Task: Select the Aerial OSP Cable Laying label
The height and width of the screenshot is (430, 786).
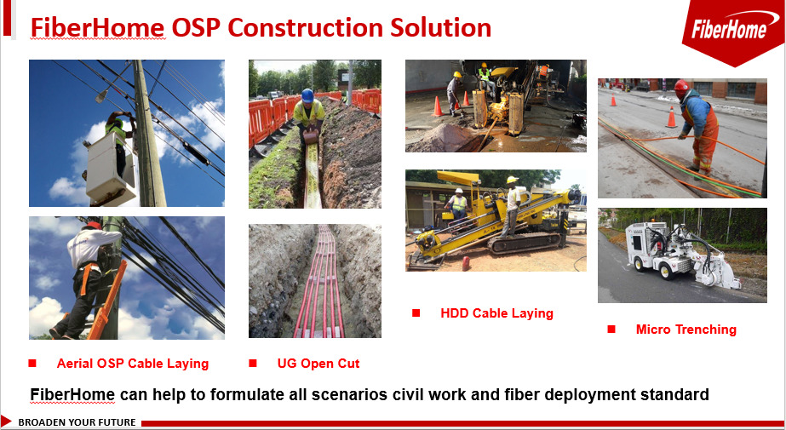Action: pyautogui.click(x=132, y=364)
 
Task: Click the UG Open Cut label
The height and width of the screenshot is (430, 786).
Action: pyautogui.click(x=318, y=364)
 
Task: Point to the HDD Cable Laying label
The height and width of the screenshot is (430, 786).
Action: pyautogui.click(x=496, y=313)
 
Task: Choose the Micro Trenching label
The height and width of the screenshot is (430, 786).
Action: pyautogui.click(x=686, y=330)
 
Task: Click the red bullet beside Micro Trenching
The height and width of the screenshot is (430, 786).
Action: pyautogui.click(x=611, y=330)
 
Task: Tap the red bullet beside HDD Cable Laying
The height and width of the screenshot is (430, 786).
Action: pyautogui.click(x=416, y=313)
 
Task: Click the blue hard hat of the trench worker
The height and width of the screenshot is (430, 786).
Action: pyautogui.click(x=307, y=95)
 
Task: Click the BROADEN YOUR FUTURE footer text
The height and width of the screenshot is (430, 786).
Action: pyautogui.click(x=77, y=422)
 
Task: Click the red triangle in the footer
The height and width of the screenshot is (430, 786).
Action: pyautogui.click(x=5, y=421)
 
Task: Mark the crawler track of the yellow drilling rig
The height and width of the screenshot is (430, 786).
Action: pyautogui.click(x=524, y=243)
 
